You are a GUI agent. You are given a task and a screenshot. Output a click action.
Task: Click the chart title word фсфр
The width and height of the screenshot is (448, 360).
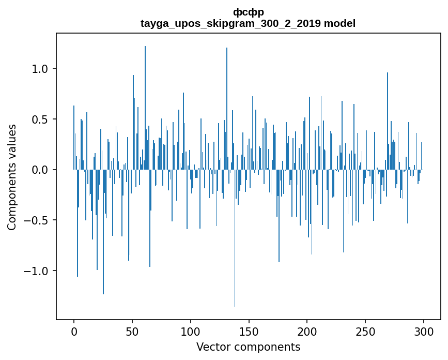(x=248, y=12)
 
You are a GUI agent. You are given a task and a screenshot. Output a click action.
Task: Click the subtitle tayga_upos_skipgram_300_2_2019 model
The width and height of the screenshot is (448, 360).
(x=248, y=23)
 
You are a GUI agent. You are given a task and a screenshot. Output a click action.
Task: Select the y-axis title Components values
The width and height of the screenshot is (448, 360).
(x=12, y=177)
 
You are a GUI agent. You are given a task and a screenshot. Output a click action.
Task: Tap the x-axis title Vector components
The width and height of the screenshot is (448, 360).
(x=248, y=347)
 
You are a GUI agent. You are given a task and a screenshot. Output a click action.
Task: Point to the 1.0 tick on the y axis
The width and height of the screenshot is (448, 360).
(x=40, y=69)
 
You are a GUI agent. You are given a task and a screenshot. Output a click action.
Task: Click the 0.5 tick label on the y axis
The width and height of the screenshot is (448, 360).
(x=40, y=119)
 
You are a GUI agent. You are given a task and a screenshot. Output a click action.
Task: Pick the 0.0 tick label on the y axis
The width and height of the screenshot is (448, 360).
(x=40, y=170)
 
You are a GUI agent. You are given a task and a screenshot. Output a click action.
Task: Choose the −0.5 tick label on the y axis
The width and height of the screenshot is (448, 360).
(x=37, y=220)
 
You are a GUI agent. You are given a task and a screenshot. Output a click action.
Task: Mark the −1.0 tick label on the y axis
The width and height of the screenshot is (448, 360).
(x=37, y=271)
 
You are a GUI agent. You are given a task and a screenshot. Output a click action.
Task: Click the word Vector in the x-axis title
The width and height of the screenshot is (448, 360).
(x=212, y=347)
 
